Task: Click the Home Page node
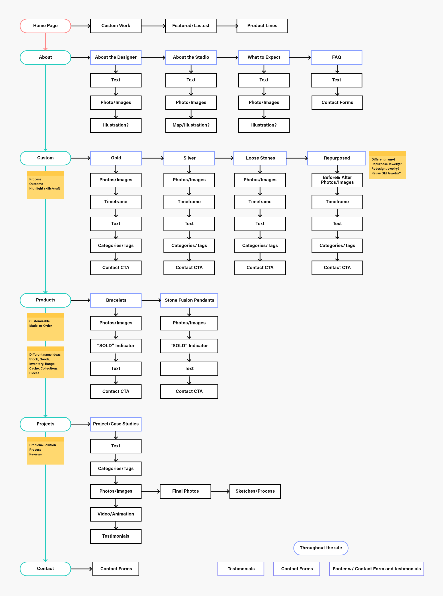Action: click(45, 26)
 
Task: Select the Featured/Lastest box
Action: click(191, 26)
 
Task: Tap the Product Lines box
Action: click(262, 26)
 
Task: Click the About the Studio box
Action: click(191, 57)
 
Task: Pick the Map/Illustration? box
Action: click(191, 125)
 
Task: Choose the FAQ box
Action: click(336, 57)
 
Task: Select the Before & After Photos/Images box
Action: click(337, 180)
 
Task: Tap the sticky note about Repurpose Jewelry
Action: click(387, 165)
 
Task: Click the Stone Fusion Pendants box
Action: click(189, 300)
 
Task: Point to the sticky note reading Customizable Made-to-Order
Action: click(45, 326)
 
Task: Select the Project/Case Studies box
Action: click(116, 424)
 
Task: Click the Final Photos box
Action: click(185, 491)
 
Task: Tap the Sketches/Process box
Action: click(255, 491)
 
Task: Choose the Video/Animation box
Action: click(116, 514)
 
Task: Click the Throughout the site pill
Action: click(321, 548)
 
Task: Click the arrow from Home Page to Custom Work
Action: click(81, 26)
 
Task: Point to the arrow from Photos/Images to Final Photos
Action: click(150, 491)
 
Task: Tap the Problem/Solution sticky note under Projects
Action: click(45, 450)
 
